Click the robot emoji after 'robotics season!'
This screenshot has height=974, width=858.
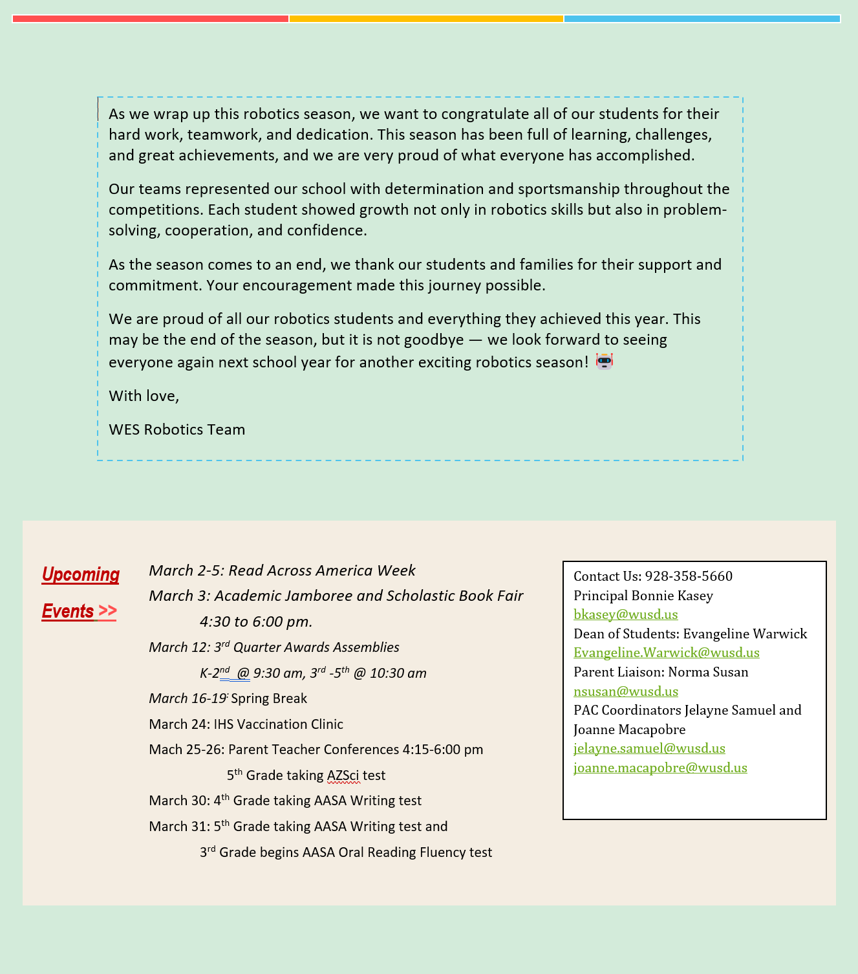click(604, 362)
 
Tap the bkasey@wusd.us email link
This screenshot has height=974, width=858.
click(625, 614)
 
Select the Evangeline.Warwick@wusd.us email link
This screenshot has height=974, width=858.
click(666, 653)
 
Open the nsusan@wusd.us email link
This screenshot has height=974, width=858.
click(625, 691)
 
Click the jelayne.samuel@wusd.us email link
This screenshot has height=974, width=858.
click(649, 748)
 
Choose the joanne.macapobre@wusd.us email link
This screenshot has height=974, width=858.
click(660, 768)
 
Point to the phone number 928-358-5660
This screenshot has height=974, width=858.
click(689, 576)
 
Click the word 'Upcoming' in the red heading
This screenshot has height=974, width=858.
click(81, 574)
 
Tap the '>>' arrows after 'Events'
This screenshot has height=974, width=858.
click(107, 611)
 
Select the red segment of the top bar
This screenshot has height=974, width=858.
click(150, 19)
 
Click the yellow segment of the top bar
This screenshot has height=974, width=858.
click(426, 19)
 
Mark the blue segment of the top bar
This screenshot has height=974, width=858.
click(702, 19)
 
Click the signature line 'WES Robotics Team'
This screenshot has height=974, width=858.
click(177, 429)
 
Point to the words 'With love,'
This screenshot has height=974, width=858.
click(144, 396)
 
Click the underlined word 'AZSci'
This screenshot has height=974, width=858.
click(343, 775)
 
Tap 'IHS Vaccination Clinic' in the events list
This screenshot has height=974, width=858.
click(278, 724)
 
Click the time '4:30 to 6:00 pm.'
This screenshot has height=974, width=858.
click(256, 622)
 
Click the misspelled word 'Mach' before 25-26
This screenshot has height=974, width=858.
click(162, 750)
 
